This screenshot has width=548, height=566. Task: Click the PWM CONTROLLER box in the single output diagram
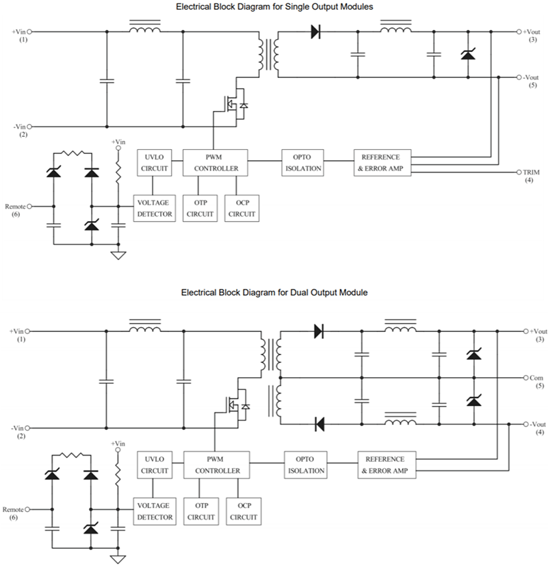216,163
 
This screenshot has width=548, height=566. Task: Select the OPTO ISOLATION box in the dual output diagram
304,465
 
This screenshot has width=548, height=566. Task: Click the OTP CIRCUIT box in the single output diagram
200,208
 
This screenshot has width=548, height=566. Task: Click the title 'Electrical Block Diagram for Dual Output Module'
274,292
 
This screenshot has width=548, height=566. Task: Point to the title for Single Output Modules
274,6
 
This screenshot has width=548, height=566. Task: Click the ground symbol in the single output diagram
118,255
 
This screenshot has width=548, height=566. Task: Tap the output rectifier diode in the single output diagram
315,31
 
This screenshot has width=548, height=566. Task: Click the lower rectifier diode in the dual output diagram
319,424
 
